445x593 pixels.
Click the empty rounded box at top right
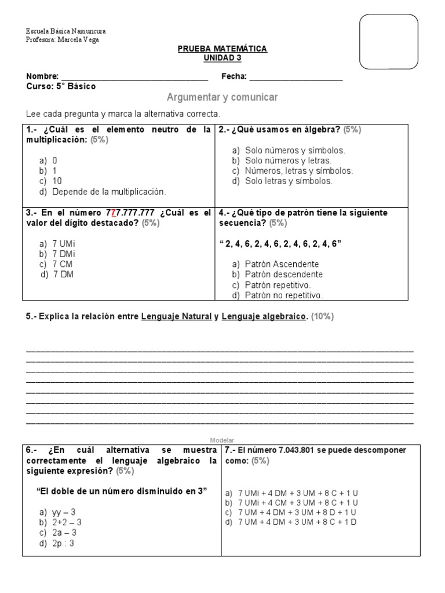(x=389, y=42)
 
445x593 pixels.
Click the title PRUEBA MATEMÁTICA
(x=222, y=49)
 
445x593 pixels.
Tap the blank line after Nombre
(x=134, y=77)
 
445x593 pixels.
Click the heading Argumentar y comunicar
(x=222, y=97)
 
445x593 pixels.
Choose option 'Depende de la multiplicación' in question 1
(x=108, y=192)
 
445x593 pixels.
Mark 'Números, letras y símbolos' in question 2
(x=298, y=171)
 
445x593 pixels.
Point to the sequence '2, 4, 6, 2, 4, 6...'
(x=280, y=243)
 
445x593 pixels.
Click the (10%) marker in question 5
(x=322, y=317)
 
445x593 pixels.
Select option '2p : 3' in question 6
(x=63, y=543)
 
